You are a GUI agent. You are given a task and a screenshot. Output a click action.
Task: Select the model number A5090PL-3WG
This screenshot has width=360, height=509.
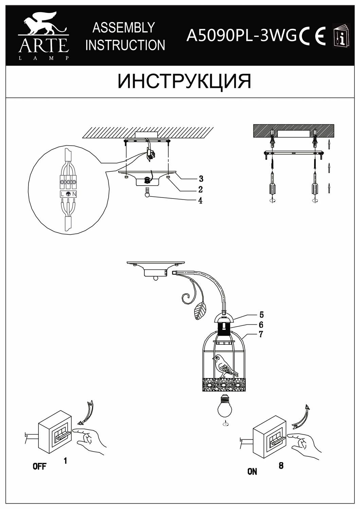pyautogui.click(x=241, y=35)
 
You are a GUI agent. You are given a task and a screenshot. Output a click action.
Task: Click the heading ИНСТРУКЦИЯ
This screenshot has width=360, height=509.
pyautogui.click(x=184, y=81)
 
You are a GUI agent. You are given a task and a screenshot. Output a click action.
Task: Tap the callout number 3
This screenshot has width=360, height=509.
pyautogui.click(x=201, y=178)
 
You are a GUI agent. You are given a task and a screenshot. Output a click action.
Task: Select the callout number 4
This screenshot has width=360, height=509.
pyautogui.click(x=200, y=201)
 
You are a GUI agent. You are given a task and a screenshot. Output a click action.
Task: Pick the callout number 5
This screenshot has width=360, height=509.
pyautogui.click(x=261, y=315)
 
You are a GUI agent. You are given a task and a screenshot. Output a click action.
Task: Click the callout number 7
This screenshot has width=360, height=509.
pyautogui.click(x=261, y=334)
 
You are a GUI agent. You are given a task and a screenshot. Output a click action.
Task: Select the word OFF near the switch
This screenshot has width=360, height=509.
pyautogui.click(x=39, y=466)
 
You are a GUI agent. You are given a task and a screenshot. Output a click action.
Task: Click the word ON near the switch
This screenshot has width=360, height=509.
pyautogui.click(x=252, y=471)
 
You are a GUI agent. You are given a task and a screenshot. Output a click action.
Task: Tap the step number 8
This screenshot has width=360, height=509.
pyautogui.click(x=281, y=466)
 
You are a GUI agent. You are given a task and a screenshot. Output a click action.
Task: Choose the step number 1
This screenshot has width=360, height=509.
pyautogui.click(x=65, y=460)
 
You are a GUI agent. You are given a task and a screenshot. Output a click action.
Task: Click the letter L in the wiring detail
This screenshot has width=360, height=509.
pyautogui.click(x=62, y=194)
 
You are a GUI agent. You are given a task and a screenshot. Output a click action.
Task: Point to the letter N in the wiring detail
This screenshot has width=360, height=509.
pyautogui.click(x=74, y=194)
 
